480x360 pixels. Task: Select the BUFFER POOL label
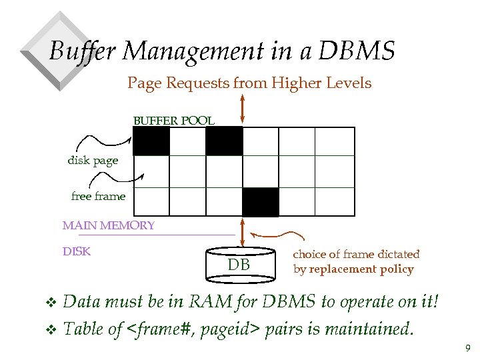click(174, 121)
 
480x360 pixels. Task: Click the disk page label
click(93, 161)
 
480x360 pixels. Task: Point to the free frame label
click(98, 197)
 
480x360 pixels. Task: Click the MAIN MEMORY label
click(109, 225)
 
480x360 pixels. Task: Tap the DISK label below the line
click(77, 252)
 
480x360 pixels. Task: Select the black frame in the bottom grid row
click(260, 202)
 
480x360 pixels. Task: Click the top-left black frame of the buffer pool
click(151, 141)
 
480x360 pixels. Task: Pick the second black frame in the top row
click(224, 141)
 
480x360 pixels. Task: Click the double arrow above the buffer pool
click(242, 108)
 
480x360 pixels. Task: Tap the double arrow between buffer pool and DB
click(242, 232)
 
